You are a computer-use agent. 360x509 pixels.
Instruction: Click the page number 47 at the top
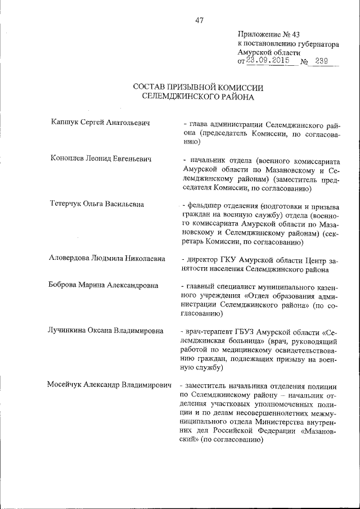tap(200, 20)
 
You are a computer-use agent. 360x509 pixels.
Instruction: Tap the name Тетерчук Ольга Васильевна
tap(97, 204)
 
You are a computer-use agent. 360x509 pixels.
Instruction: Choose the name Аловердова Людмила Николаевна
tap(107, 259)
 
